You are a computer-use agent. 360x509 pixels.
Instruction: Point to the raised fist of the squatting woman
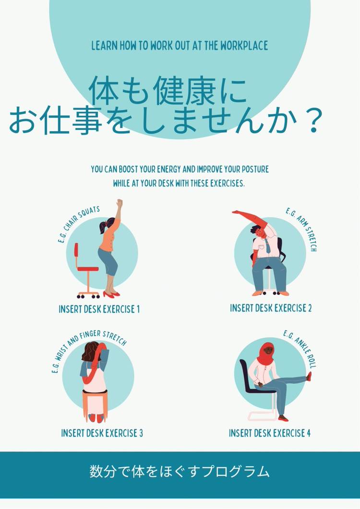pyautogui.click(x=120, y=203)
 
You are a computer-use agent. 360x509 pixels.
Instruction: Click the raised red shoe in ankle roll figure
pyautogui.click(x=309, y=376)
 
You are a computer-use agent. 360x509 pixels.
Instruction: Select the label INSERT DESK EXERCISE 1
pyautogui.click(x=99, y=309)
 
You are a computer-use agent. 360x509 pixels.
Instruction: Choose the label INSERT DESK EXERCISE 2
pyautogui.click(x=271, y=308)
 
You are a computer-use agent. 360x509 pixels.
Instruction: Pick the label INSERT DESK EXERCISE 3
pyautogui.click(x=102, y=433)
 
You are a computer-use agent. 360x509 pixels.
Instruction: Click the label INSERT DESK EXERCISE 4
pyautogui.click(x=269, y=433)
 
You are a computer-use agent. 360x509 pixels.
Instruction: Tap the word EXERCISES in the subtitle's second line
pyautogui.click(x=227, y=183)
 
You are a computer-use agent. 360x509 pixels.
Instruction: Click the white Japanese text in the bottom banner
pyautogui.click(x=180, y=472)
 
